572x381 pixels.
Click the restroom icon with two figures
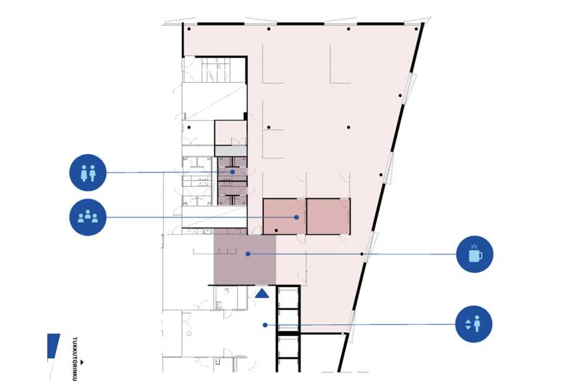point(87,172)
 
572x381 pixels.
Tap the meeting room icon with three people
point(87,217)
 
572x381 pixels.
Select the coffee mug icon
point(474,254)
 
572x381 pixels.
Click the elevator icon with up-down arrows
point(474,324)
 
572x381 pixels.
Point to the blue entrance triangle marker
point(262,294)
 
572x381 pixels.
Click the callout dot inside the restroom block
point(232,172)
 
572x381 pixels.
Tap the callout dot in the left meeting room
point(297,217)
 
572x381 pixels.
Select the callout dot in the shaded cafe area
point(247,254)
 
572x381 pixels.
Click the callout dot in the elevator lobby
point(265,325)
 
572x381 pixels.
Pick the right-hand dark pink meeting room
point(328,216)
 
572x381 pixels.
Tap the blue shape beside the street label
point(52,346)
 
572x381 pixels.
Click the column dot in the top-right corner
point(416,29)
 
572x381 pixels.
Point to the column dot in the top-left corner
point(189,29)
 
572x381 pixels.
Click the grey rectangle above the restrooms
point(231,151)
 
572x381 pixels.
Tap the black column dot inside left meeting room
point(276,230)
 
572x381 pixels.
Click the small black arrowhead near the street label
point(82,362)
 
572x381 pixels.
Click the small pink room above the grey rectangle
point(231,133)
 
